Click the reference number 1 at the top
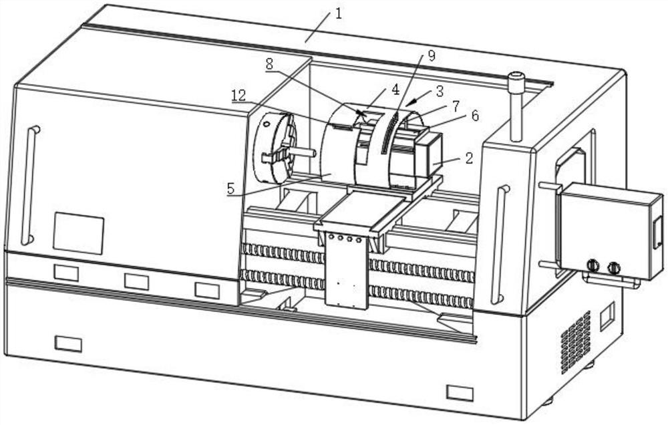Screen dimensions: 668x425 coord(339,13)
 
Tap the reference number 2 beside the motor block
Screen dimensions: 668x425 coord(468,158)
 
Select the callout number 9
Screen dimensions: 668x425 coord(432,56)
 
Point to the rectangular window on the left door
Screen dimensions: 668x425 coord(78,233)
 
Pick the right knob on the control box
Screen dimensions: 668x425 coord(613,268)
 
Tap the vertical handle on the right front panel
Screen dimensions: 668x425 coord(498,244)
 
